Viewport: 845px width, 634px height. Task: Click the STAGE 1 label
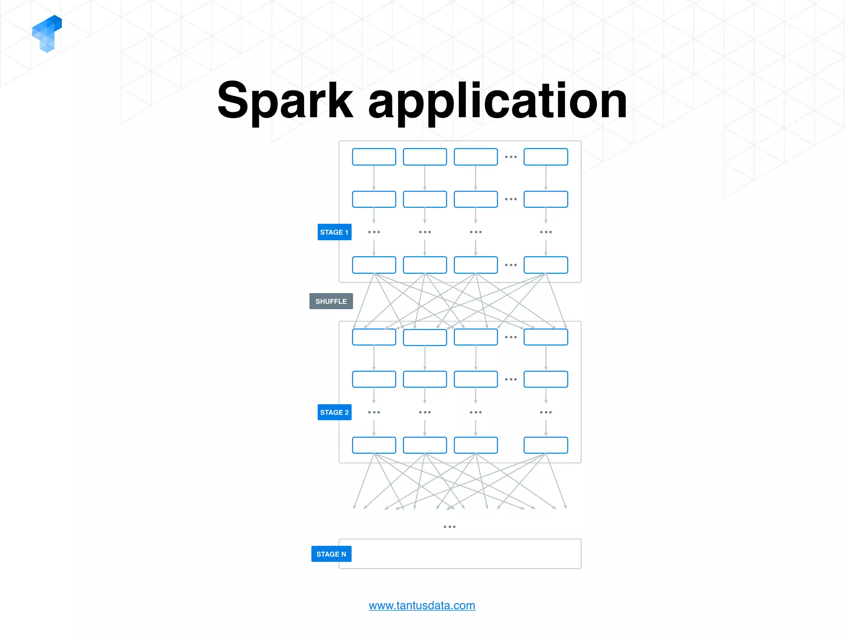334,232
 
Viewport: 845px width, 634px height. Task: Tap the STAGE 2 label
334,412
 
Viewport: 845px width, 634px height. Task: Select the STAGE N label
331,554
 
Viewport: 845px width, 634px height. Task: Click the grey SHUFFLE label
331,301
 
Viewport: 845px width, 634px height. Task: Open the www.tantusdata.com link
422,606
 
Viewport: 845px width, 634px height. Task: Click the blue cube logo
47,33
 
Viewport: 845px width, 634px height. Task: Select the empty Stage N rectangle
460,554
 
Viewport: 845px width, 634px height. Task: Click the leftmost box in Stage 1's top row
374,157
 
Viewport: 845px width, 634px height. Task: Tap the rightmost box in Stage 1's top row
545,157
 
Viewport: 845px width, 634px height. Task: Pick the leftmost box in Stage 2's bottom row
374,445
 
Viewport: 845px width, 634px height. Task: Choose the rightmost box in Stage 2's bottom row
545,445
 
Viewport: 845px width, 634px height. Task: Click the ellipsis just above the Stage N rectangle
449,527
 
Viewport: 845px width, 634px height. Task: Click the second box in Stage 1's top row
425,157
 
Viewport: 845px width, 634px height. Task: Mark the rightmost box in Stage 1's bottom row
545,265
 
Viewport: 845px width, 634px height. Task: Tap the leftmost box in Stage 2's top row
374,337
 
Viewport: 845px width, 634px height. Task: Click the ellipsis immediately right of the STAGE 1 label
374,232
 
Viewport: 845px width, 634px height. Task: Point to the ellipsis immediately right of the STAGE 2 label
374,412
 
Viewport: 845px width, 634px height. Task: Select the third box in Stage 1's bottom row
476,265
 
